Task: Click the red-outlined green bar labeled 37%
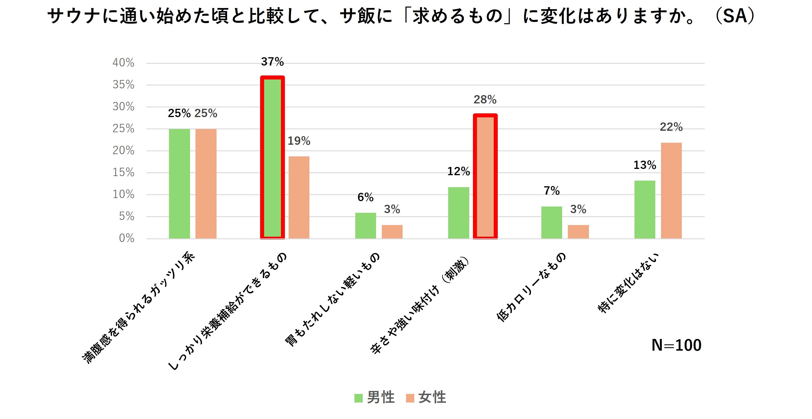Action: [272, 158]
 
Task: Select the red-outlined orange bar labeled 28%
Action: [485, 176]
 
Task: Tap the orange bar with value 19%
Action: [299, 197]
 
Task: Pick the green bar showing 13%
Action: [645, 210]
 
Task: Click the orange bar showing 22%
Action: [671, 191]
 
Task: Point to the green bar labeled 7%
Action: [552, 222]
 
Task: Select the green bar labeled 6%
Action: [365, 226]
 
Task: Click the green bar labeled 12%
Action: [458, 213]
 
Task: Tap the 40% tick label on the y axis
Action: [123, 63]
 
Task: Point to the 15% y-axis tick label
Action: [123, 172]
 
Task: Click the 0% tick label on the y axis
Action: [127, 238]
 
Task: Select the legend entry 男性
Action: [374, 397]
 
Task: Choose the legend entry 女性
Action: [426, 397]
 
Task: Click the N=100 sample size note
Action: [676, 345]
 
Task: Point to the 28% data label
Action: [485, 100]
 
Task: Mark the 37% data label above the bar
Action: [272, 62]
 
